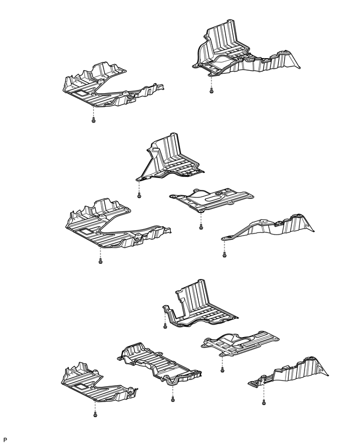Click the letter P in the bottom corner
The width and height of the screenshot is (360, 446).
click(x=5, y=439)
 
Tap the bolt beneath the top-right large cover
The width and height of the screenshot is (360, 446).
click(x=210, y=91)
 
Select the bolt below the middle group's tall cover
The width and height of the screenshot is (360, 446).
click(x=139, y=196)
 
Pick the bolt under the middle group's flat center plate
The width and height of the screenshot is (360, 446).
click(x=201, y=228)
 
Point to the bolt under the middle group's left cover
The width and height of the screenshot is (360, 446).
click(x=100, y=260)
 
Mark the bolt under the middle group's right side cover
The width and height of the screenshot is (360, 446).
click(x=224, y=255)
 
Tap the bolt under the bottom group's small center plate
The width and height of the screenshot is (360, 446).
click(x=222, y=370)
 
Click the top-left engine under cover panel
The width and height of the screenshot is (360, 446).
click(x=105, y=86)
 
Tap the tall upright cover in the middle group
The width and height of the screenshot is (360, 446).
click(x=170, y=157)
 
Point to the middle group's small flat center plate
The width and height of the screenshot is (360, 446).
click(x=212, y=199)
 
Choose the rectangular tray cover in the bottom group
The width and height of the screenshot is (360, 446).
click(x=157, y=361)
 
